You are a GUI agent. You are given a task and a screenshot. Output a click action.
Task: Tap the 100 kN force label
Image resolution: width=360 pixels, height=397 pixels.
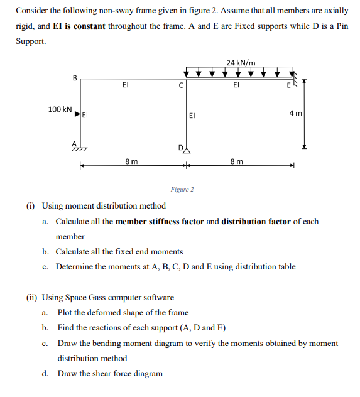click(x=60, y=109)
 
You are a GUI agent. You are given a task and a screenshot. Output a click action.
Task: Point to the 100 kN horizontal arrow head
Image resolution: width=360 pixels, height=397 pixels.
click(x=80, y=115)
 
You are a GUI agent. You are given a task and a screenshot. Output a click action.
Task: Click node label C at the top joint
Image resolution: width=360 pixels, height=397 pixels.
click(x=181, y=87)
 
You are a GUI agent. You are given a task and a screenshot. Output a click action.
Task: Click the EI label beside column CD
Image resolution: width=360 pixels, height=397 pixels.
click(x=193, y=116)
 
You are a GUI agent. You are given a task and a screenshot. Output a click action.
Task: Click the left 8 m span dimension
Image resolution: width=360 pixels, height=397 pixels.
click(x=131, y=162)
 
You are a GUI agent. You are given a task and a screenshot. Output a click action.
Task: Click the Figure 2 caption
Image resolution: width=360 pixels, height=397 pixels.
click(x=182, y=189)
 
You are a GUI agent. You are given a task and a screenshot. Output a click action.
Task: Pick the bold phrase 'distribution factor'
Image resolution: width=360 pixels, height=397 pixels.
click(x=257, y=222)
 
